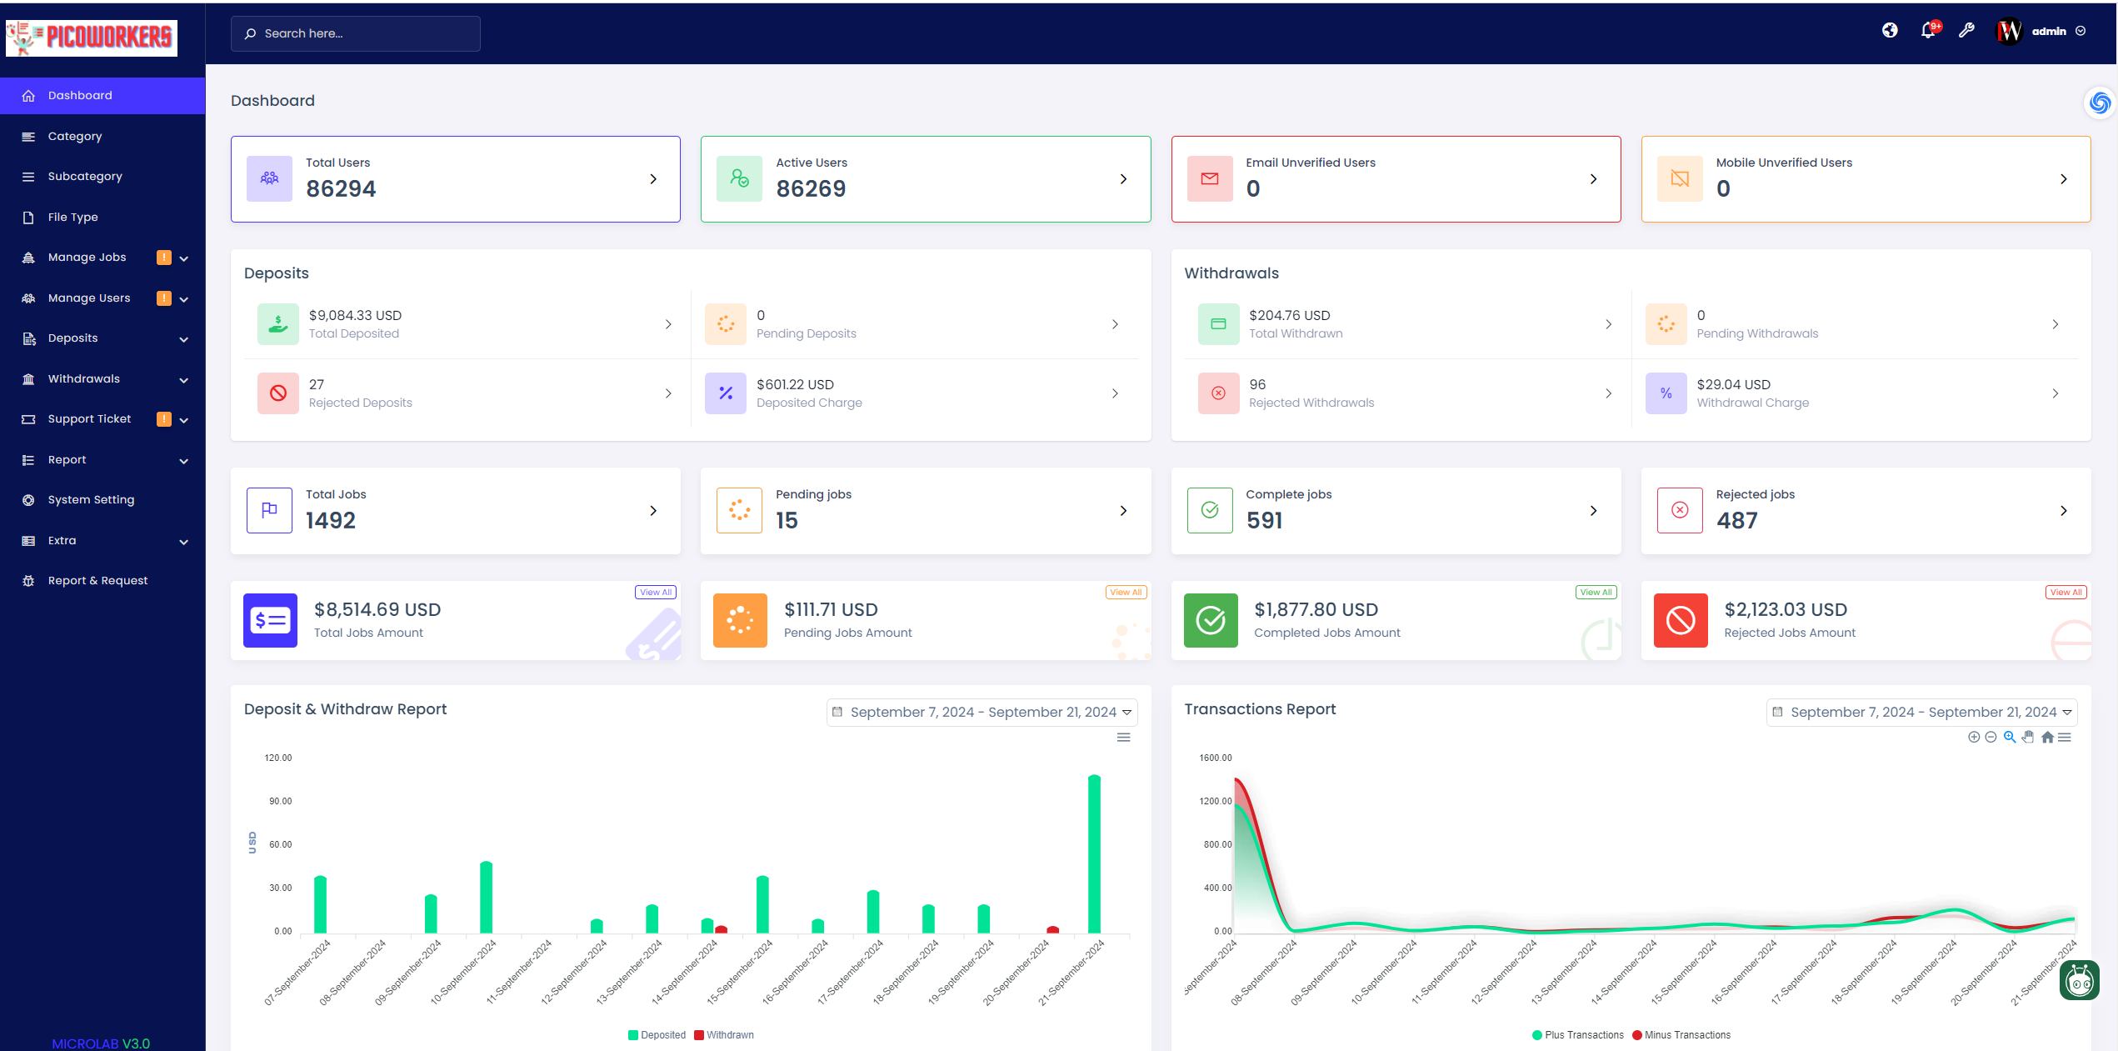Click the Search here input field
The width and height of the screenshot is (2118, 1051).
356,33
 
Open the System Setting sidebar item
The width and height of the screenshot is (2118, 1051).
91,499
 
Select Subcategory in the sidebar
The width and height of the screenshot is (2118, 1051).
85,176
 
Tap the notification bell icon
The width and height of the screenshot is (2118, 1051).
1927,31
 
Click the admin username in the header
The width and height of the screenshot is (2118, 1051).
2049,32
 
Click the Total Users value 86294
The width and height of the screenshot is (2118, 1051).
341,188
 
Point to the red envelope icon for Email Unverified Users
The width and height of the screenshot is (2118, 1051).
1210,178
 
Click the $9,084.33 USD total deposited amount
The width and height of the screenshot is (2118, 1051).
355,315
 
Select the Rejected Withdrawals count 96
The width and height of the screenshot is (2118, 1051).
1257,384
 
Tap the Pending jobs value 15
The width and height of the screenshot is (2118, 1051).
787,520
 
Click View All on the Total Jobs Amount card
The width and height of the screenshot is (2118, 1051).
656,592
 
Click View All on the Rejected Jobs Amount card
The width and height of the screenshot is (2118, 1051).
2066,592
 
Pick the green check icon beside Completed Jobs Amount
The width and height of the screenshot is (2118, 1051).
1211,620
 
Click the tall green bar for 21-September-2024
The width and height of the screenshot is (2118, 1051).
1094,853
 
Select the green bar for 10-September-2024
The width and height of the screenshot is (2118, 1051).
486,897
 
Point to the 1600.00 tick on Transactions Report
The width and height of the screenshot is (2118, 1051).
1215,758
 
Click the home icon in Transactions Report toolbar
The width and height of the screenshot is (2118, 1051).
2047,737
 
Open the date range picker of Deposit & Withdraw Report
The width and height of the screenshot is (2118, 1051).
982,712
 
